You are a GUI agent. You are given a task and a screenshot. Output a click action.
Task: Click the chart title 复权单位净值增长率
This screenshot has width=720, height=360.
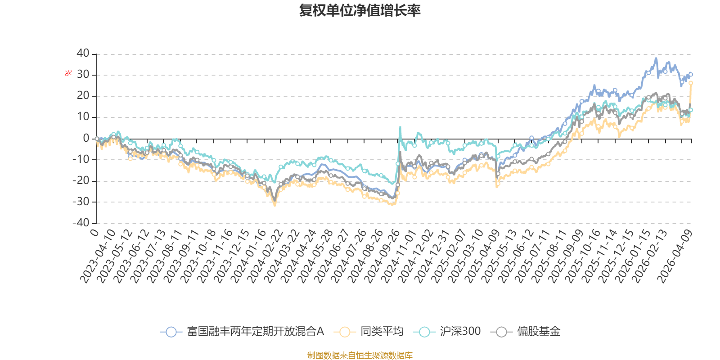click(360, 10)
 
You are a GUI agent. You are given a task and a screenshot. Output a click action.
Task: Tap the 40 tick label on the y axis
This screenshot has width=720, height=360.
click(83, 53)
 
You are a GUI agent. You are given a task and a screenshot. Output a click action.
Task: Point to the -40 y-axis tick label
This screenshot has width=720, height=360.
click(81, 222)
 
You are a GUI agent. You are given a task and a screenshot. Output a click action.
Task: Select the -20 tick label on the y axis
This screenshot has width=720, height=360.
click(81, 180)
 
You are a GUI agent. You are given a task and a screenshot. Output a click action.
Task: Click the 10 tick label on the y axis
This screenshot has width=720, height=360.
click(83, 117)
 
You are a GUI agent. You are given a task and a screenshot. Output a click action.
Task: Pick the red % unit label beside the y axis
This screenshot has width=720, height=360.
click(68, 73)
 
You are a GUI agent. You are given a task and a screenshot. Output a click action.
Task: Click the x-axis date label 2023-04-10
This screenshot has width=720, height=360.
click(98, 256)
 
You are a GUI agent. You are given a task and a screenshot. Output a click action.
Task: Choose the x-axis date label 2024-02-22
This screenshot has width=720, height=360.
click(265, 256)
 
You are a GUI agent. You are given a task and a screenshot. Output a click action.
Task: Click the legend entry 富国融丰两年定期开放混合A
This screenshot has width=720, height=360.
click(242, 331)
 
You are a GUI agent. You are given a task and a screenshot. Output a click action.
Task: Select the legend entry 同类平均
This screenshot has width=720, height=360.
click(369, 331)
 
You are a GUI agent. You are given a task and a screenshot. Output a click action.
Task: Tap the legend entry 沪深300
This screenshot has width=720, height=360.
click(447, 331)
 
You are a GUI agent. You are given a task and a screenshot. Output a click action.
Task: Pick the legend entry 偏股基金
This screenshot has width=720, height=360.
click(526, 331)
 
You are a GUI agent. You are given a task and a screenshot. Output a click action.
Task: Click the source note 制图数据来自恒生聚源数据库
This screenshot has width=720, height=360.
click(360, 355)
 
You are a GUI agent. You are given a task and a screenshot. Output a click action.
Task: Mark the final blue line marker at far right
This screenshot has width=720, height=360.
click(691, 74)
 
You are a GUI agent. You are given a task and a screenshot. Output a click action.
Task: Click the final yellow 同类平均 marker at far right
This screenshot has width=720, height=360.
click(691, 83)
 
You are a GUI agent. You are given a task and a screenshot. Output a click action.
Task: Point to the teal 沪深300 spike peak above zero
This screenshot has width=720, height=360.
click(400, 127)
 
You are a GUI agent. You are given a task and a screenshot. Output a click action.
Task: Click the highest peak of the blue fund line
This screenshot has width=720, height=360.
click(656, 58)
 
